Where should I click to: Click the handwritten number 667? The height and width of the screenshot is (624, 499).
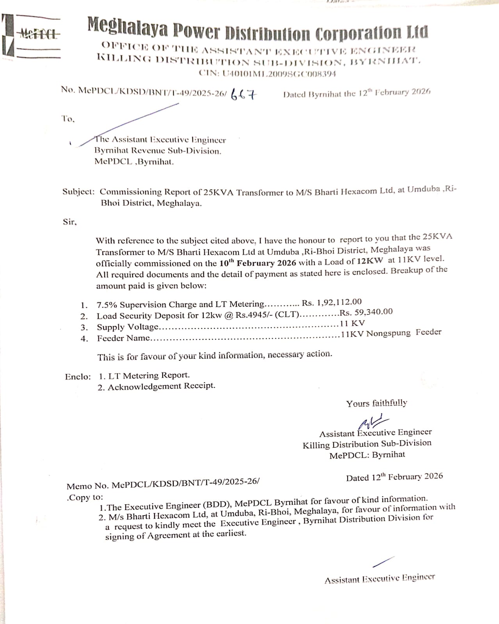[242, 94]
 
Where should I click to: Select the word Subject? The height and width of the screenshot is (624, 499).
[78, 192]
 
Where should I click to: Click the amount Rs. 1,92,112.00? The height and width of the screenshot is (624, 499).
[331, 302]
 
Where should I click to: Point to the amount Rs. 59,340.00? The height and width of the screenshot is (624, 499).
[366, 312]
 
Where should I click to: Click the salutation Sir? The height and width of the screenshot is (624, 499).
[70, 222]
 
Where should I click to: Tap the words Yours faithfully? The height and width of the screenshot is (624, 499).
[376, 403]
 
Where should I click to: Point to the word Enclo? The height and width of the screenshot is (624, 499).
[77, 377]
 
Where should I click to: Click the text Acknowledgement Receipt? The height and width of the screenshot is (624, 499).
[161, 386]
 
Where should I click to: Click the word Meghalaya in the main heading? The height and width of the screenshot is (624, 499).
[127, 27]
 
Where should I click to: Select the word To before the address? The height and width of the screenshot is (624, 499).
[68, 119]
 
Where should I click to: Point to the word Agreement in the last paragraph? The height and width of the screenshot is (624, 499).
[169, 535]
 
